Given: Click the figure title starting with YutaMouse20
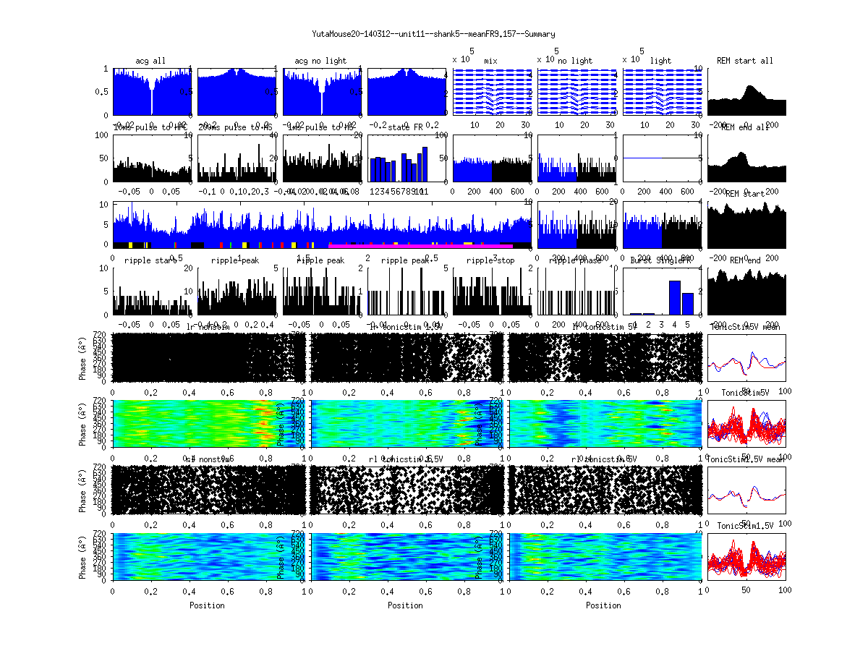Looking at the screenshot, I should [433, 34].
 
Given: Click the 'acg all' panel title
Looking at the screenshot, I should [150, 61].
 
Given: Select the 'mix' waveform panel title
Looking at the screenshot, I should [491, 61].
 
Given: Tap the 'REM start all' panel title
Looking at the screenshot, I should [745, 61].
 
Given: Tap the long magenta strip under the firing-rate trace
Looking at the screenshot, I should [420, 246].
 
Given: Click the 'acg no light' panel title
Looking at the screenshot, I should [320, 61].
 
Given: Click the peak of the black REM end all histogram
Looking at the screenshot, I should [739, 153].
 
